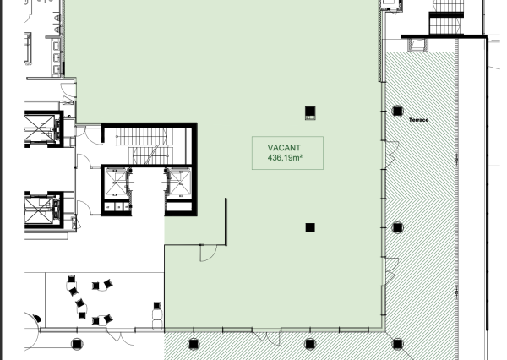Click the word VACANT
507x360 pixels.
(x=284, y=148)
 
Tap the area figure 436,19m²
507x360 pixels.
(x=285, y=158)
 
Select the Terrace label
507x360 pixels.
(x=419, y=120)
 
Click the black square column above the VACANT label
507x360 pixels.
(x=310, y=113)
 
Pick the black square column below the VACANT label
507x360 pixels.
(x=310, y=227)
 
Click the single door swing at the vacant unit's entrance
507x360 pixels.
(x=208, y=253)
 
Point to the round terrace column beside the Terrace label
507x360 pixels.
(x=397, y=111)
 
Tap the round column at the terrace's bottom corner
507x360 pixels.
(x=397, y=344)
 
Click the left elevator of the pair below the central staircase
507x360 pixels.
(x=117, y=183)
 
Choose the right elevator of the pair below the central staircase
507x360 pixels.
(x=179, y=183)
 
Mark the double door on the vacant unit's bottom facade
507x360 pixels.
(x=266, y=337)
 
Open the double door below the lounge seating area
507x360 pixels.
(x=120, y=337)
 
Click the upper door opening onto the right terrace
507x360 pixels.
(x=390, y=155)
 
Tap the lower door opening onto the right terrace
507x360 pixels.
(x=390, y=271)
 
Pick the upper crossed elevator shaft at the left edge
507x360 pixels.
(x=40, y=128)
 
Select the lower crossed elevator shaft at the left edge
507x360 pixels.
(x=38, y=210)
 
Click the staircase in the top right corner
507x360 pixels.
(x=447, y=17)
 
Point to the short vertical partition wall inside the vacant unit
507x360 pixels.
(x=226, y=222)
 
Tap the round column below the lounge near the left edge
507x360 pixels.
(x=77, y=344)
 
